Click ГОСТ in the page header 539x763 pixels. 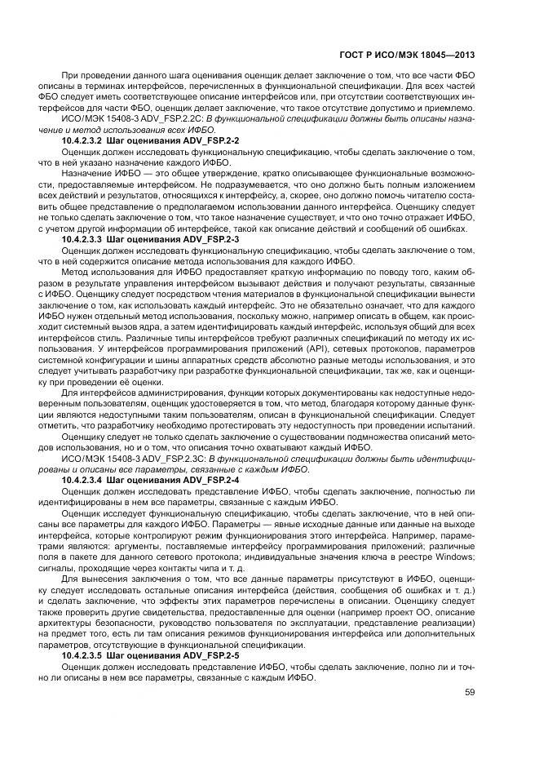pyautogui.click(x=352, y=55)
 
